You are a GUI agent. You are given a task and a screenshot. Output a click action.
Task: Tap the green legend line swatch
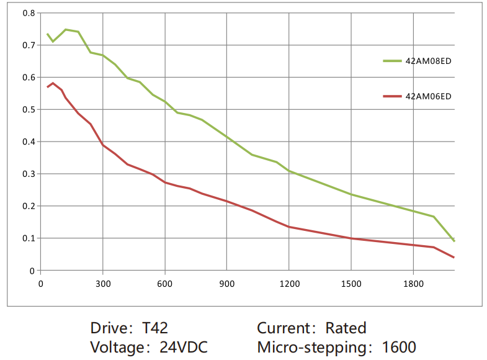(x=393, y=61)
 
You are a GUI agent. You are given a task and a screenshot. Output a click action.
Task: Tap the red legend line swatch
(x=393, y=96)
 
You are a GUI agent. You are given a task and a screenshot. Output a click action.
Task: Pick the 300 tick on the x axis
(x=103, y=284)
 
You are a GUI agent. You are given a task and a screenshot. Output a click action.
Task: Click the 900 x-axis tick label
(x=227, y=284)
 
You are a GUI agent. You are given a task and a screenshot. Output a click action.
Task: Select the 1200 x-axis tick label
(x=289, y=284)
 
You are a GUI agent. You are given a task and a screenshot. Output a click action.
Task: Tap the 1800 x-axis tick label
(x=413, y=284)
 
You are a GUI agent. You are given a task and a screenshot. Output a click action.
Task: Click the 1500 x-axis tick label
(x=351, y=284)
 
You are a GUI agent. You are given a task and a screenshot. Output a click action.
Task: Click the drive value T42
(x=155, y=328)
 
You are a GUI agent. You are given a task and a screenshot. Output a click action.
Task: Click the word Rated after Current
(x=346, y=328)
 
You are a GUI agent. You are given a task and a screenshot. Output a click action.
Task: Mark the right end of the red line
(x=454, y=257)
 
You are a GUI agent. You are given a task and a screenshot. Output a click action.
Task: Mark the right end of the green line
(x=454, y=241)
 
